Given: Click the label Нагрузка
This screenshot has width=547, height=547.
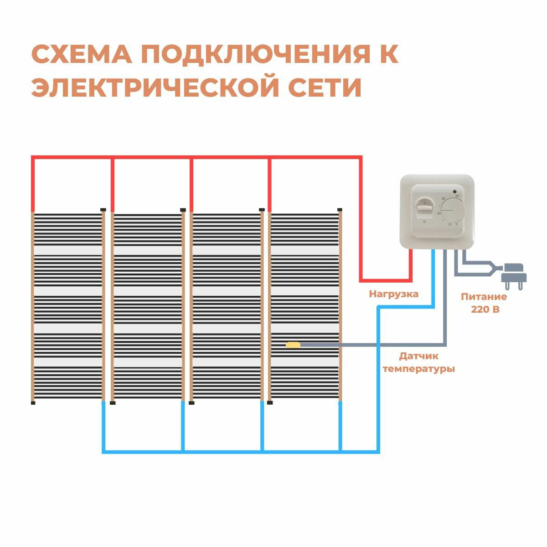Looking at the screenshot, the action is (x=394, y=294).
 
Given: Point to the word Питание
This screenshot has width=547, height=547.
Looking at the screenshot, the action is (x=484, y=297).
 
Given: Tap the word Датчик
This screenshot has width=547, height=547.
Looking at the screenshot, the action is (x=419, y=356).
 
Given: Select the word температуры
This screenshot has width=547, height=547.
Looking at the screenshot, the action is (x=419, y=369).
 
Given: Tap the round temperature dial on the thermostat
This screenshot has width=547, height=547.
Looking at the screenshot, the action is (x=454, y=210).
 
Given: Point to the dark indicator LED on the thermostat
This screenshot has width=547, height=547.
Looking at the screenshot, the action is (x=454, y=191).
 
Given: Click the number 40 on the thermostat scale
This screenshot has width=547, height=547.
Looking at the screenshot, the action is (x=457, y=196).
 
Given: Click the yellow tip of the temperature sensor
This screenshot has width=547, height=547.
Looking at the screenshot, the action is (x=293, y=345).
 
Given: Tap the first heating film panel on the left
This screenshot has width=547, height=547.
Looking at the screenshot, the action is (x=68, y=305).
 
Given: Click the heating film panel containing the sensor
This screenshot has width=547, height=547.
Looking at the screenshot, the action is (x=305, y=305).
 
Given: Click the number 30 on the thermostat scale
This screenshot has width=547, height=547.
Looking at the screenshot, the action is (x=443, y=199).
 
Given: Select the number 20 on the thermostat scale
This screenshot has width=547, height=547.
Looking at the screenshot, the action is (x=439, y=213).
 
